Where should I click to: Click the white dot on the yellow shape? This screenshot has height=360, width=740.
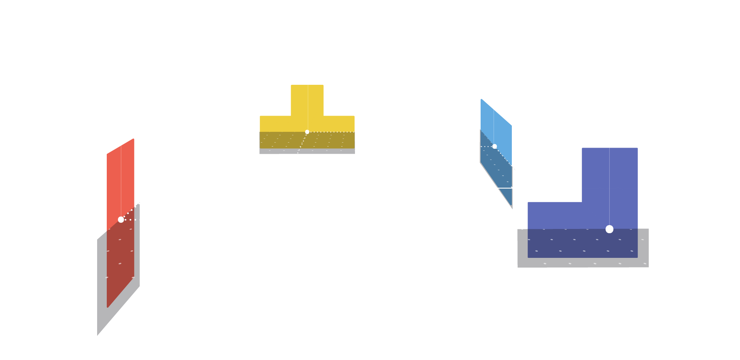(x=307, y=132)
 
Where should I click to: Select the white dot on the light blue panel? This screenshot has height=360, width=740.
(x=494, y=146)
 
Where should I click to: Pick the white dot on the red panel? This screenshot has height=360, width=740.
(x=121, y=220)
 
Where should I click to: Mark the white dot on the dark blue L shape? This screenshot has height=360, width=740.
(x=609, y=229)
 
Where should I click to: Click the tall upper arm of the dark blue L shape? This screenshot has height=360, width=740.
(x=609, y=173)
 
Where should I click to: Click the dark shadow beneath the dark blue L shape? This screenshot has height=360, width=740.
(x=583, y=262)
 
